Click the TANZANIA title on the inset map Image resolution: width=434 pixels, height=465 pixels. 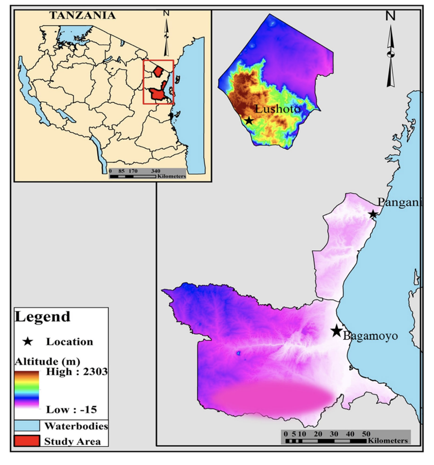(82, 16)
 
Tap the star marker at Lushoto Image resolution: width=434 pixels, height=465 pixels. (249, 120)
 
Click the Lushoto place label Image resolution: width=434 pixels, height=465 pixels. (278, 109)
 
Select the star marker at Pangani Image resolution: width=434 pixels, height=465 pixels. (373, 214)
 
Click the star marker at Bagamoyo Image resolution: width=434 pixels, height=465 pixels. (336, 331)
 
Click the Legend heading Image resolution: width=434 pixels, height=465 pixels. (43, 317)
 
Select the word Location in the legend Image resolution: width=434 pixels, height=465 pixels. (70, 341)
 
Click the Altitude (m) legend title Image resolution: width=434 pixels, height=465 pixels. (45, 361)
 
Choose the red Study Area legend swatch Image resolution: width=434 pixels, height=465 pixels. (27, 441)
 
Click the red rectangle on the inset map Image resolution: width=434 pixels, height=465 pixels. (158, 82)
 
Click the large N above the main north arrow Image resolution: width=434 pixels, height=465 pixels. (390, 16)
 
